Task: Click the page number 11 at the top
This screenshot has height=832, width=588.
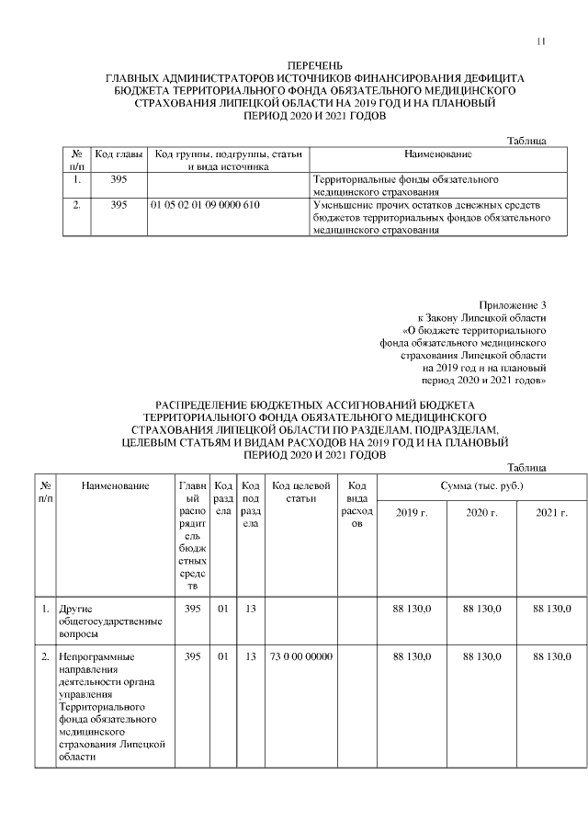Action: coord(541,42)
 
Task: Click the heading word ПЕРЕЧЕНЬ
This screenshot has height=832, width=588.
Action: coord(315,67)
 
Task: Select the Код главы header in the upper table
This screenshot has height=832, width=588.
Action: coord(118,154)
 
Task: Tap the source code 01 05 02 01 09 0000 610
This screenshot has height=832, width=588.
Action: coord(204,205)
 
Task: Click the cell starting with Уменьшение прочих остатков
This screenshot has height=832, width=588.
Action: coord(431,218)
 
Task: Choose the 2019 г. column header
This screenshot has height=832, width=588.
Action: coord(412,512)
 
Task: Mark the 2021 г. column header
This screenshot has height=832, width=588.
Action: coord(551,512)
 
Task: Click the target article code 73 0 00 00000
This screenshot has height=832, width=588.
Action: coord(300,657)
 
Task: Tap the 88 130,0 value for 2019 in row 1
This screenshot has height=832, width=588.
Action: coord(412,609)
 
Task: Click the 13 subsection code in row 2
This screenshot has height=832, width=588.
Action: coord(250,657)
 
